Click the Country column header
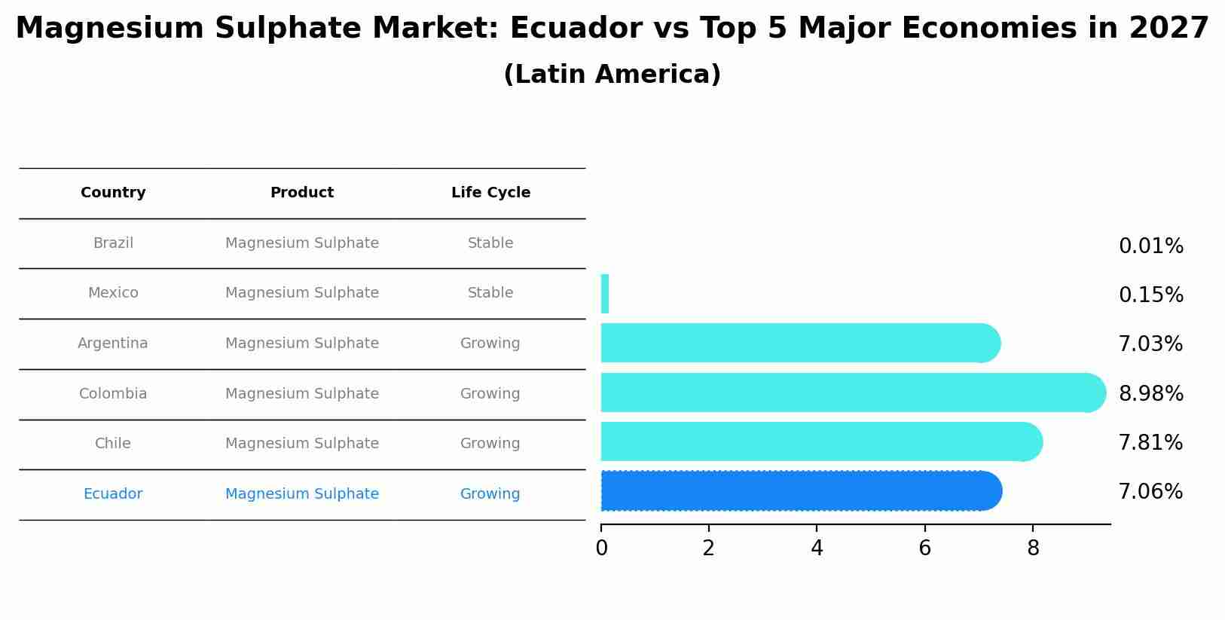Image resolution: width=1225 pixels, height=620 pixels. tap(113, 193)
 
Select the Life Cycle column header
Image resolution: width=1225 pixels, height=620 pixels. tap(490, 193)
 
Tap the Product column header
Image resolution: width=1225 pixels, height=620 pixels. tap(301, 193)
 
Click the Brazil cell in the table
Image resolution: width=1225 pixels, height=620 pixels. tap(113, 243)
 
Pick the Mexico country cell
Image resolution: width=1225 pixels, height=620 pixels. tap(113, 293)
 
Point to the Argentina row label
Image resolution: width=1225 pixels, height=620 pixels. tap(113, 344)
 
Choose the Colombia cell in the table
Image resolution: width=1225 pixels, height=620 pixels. tap(113, 394)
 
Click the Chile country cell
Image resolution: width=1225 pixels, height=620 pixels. tap(113, 444)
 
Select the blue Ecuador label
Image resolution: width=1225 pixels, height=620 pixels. tap(113, 494)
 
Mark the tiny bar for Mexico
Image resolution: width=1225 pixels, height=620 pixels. tap(605, 294)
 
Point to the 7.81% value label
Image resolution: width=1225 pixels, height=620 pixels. tap(1150, 443)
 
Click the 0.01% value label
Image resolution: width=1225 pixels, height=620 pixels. tap(1150, 246)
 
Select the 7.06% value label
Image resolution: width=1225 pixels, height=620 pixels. tap(1150, 492)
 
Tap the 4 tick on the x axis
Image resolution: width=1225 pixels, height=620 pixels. tap(817, 548)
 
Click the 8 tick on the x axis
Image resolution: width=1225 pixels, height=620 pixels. tap(1033, 548)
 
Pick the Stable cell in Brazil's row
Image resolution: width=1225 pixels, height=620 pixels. tap(490, 243)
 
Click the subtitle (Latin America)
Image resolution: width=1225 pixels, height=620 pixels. tap(612, 75)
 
